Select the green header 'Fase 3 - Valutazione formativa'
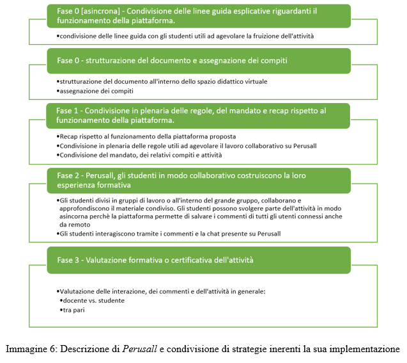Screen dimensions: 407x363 pos(199,260)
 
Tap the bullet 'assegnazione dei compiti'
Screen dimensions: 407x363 pos(95,91)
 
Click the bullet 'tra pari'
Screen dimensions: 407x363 pos(72,310)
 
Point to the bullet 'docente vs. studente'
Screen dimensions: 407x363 pos(92,301)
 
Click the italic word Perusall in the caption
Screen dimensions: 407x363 pos(140,349)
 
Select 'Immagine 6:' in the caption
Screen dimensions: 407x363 pos(32,349)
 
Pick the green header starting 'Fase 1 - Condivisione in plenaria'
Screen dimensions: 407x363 pos(198,116)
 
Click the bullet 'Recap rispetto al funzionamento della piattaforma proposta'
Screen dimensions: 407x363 pos(146,136)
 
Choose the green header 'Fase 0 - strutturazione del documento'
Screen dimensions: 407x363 pos(199,61)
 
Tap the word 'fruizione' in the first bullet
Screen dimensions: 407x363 pos(266,36)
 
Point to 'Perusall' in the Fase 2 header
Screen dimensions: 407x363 pos(100,175)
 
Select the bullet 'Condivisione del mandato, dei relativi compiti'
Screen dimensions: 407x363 pos(139,155)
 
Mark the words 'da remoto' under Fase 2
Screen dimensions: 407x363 pos(75,225)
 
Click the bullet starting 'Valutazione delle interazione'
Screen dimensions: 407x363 pos(161,291)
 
